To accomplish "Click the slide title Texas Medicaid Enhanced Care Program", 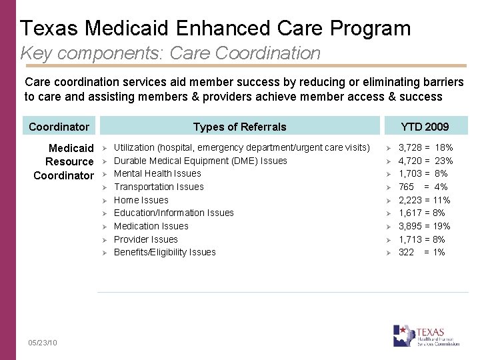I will click(x=215, y=28).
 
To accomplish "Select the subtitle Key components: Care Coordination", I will click(x=171, y=53).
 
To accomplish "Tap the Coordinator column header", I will click(x=59, y=127).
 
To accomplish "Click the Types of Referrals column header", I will click(x=239, y=127).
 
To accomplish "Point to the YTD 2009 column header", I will click(x=425, y=127).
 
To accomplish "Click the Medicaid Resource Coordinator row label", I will click(x=64, y=161).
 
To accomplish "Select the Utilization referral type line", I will click(x=241, y=147).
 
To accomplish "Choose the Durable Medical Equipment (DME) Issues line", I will click(x=200, y=161).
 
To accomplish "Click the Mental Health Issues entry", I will click(x=157, y=173).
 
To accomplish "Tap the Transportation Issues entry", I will click(x=159, y=187).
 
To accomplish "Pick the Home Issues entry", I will click(x=141, y=200).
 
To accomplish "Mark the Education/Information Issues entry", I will click(x=173, y=213).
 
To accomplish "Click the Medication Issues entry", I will click(x=151, y=226).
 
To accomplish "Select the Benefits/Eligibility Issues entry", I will click(x=165, y=252).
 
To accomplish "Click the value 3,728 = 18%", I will click(x=425, y=147).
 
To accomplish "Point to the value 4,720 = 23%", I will click(x=425, y=161).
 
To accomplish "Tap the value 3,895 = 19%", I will click(x=424, y=226).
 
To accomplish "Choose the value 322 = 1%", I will click(x=421, y=252).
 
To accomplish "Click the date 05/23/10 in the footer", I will click(x=43, y=343).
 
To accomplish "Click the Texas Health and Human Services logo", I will click(x=427, y=335).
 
